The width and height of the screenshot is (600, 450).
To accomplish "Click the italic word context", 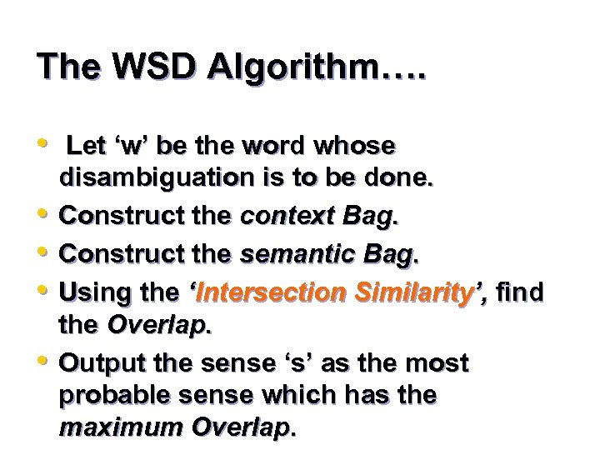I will (282, 216).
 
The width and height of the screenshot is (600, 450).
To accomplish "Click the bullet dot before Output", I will (42, 359).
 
